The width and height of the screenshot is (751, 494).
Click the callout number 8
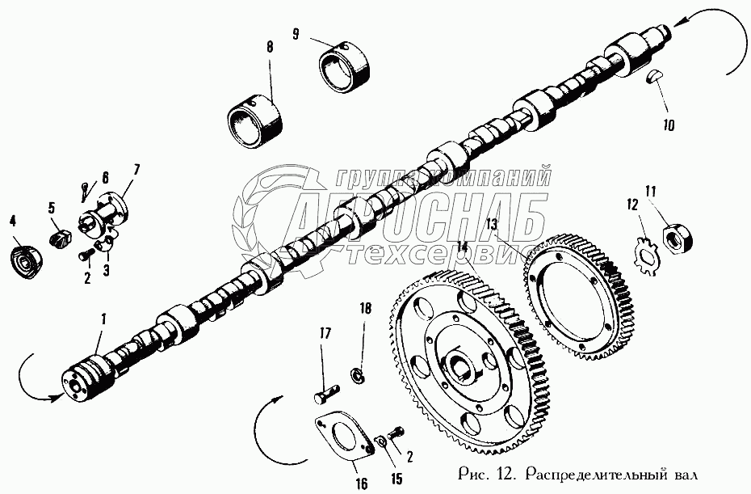pos(270,47)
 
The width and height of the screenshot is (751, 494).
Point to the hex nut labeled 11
pos(674,238)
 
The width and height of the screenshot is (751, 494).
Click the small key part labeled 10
pos(654,78)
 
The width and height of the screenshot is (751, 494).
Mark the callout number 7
pos(135,169)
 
